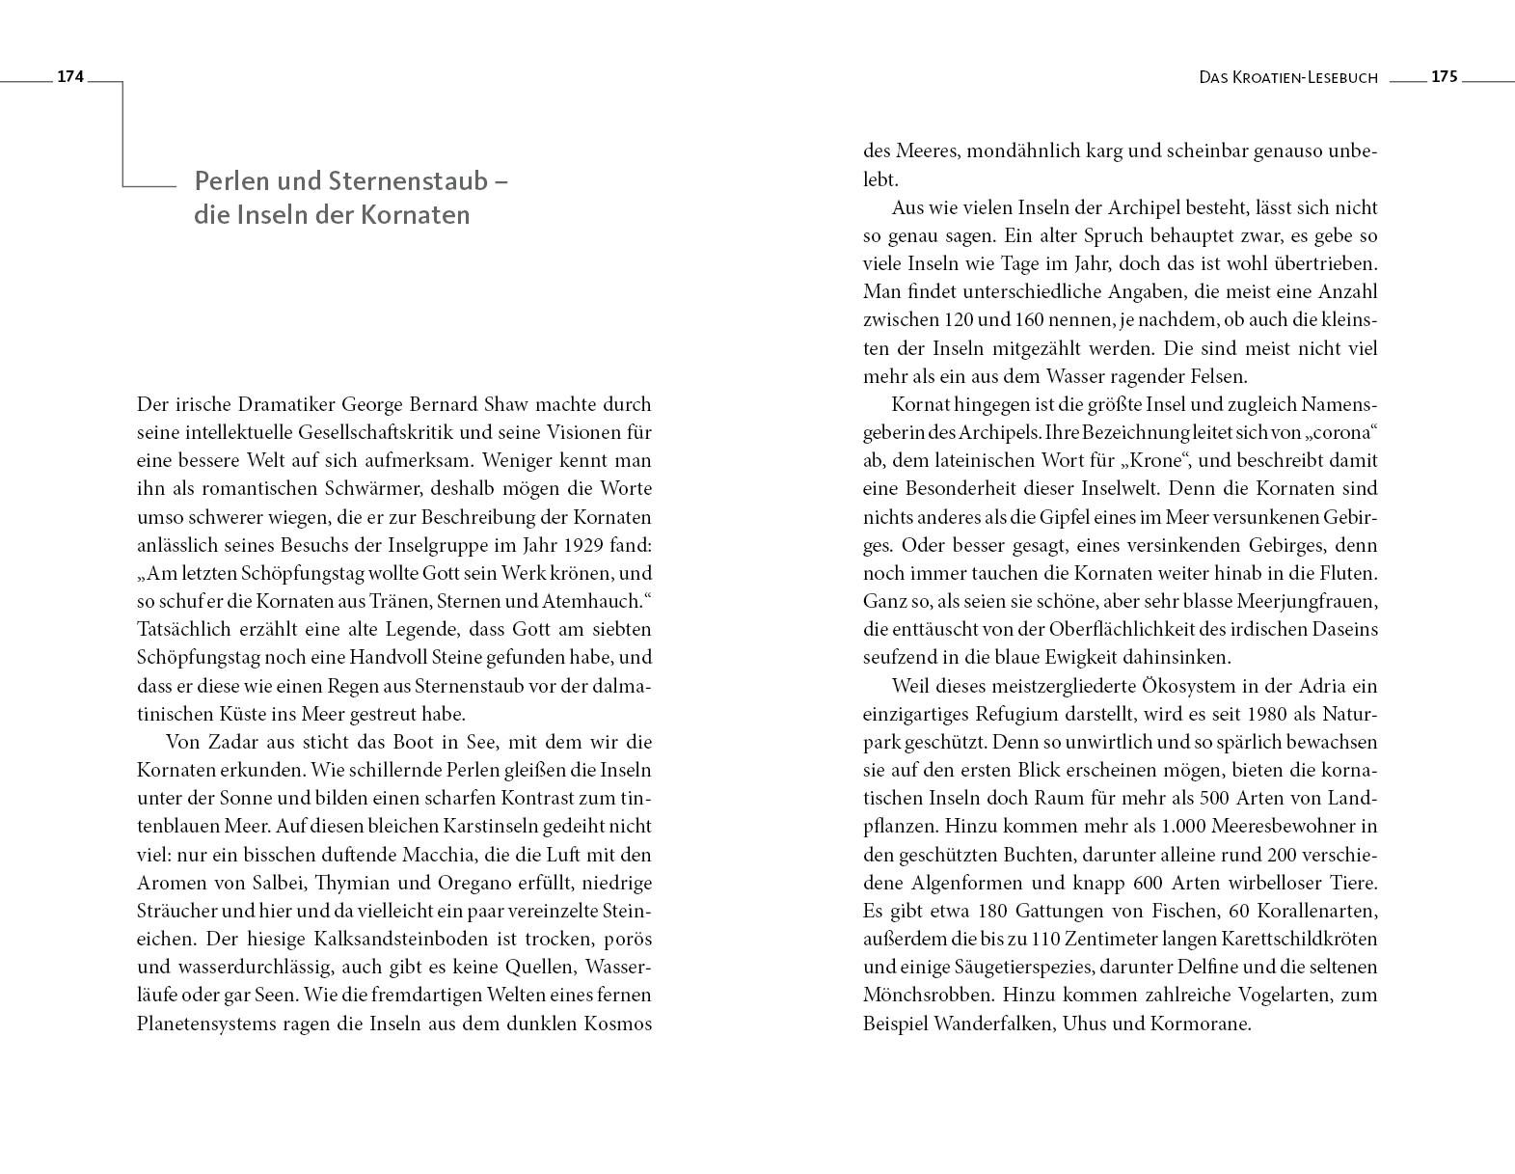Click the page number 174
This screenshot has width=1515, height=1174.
(71, 77)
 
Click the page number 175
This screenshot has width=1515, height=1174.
(1444, 77)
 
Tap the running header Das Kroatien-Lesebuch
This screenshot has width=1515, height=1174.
(1288, 78)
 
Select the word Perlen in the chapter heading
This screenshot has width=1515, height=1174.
(228, 181)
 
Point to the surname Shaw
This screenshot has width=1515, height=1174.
(510, 404)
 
